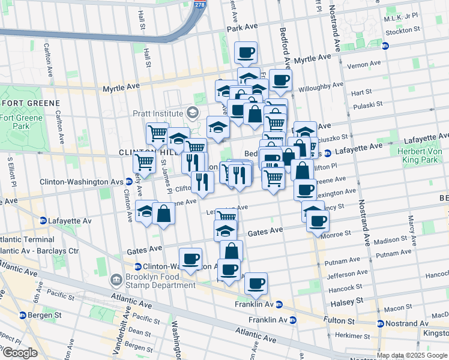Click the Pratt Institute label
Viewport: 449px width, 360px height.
158,113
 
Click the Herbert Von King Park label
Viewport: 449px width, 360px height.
420,156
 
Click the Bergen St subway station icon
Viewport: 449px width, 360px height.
23,315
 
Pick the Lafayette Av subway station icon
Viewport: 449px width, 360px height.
43,221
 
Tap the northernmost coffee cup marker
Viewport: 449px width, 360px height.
246,53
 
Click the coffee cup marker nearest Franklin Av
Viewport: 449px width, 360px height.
256,283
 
